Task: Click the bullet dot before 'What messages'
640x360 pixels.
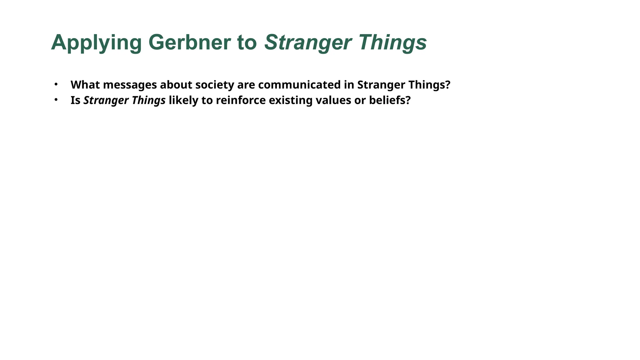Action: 56,84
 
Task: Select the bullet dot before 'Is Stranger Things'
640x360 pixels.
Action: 56,100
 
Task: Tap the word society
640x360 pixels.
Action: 213,85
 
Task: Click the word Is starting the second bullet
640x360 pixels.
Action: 75,100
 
